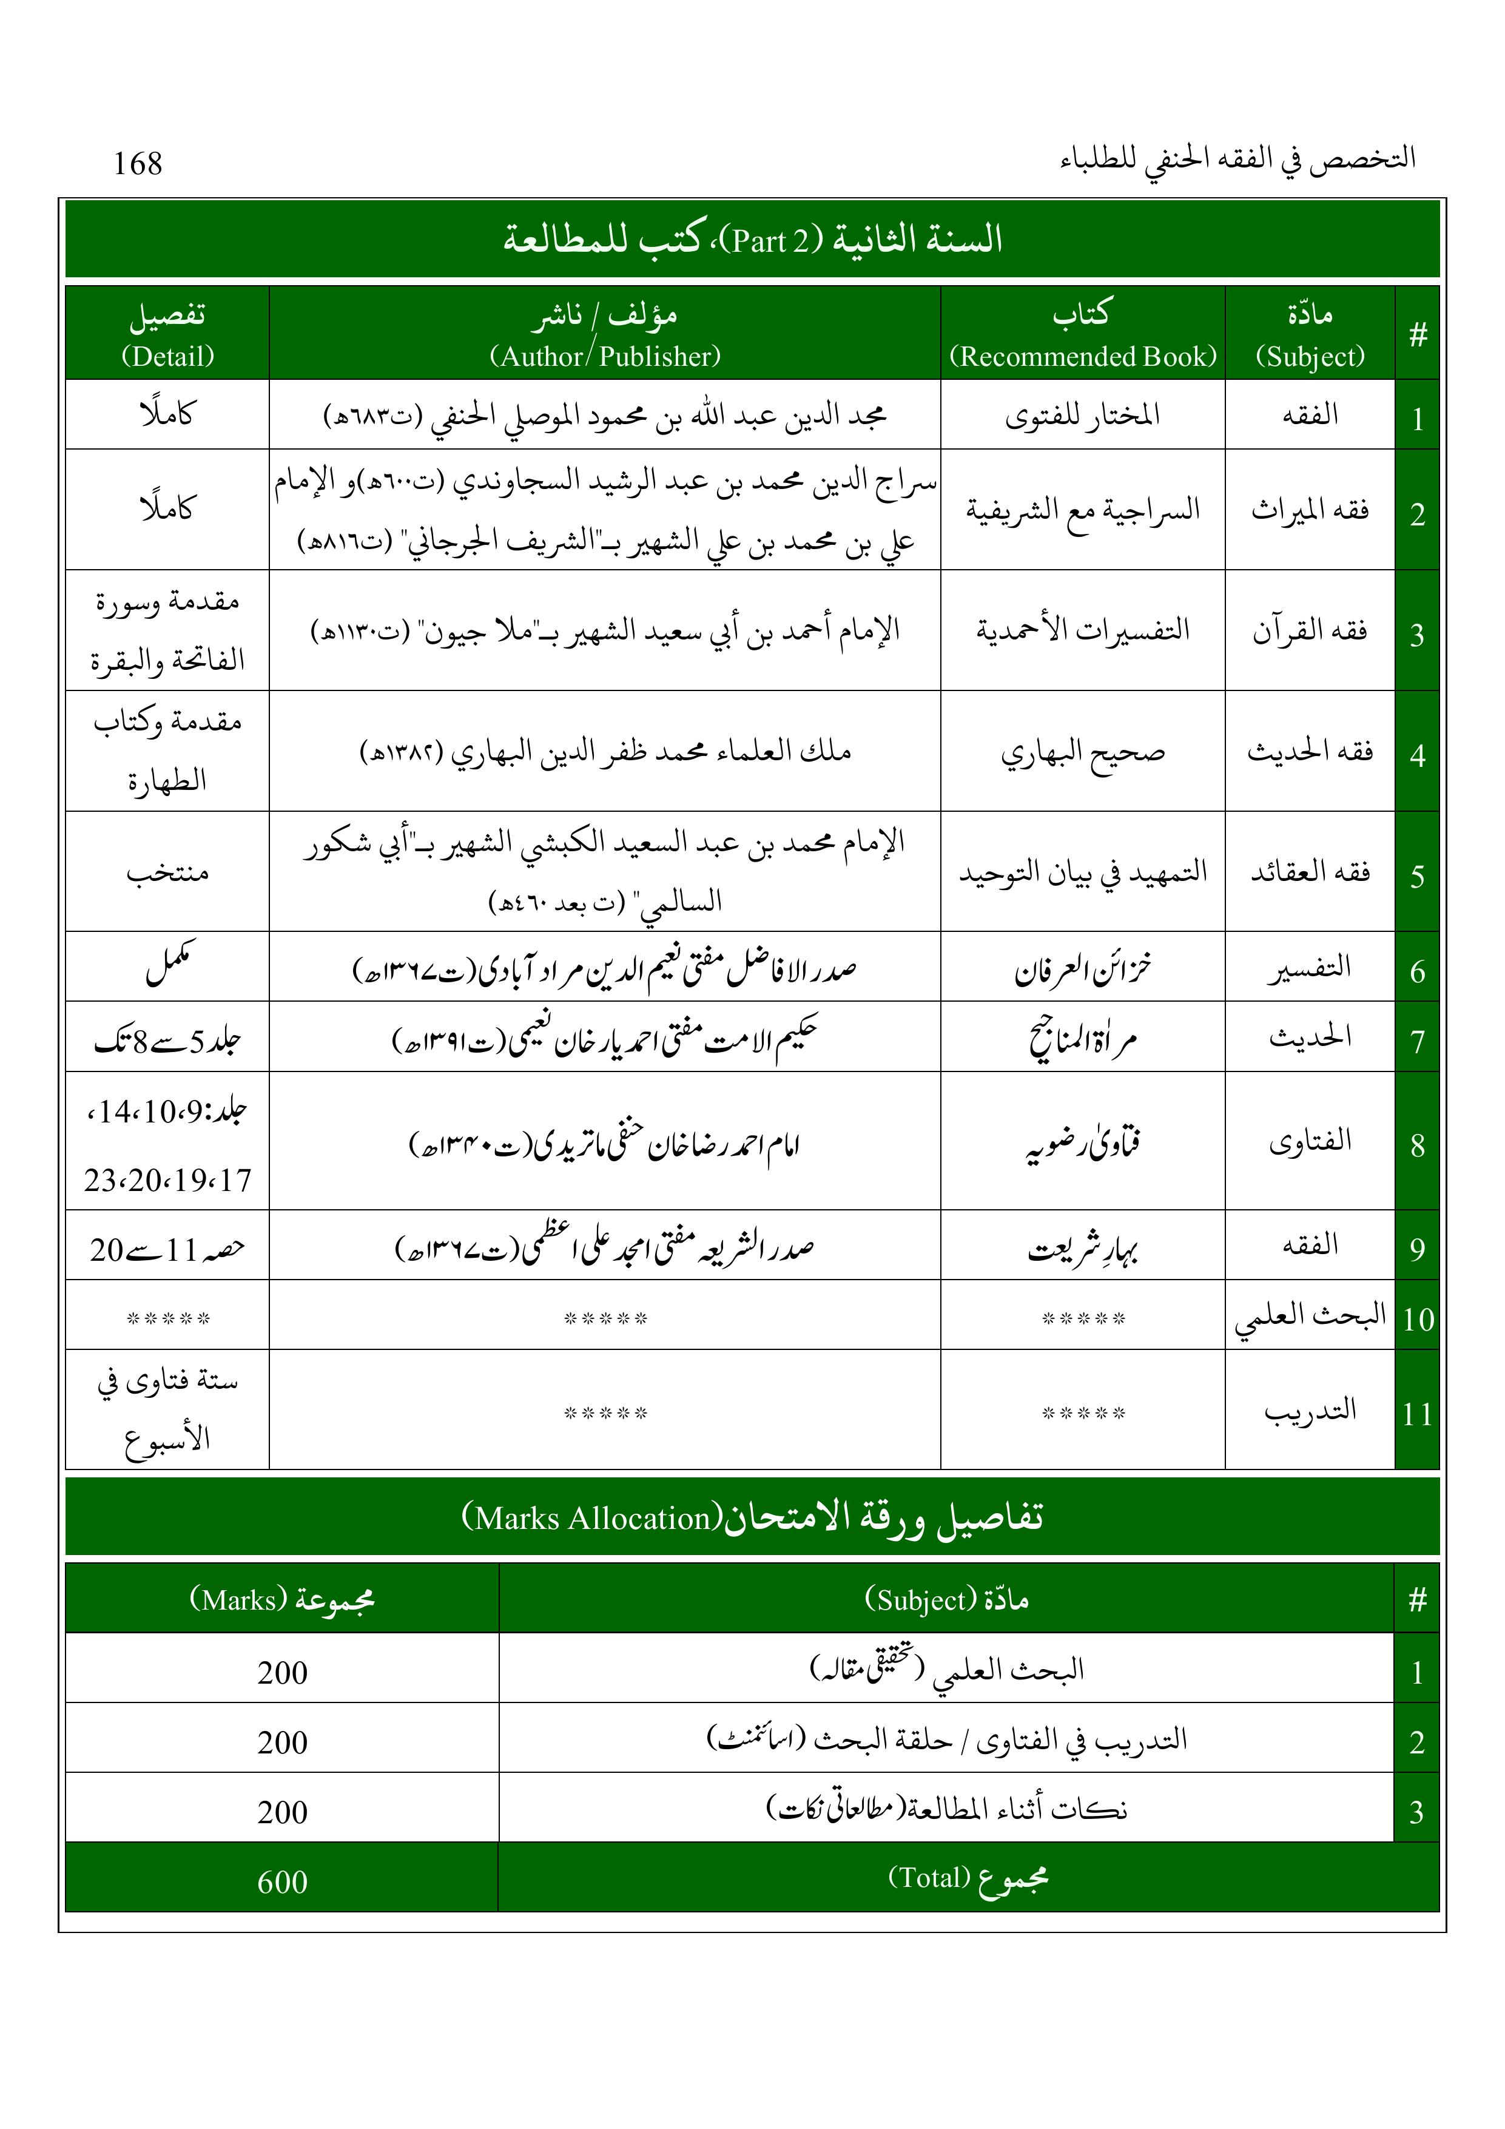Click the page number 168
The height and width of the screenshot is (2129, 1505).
pos(137,164)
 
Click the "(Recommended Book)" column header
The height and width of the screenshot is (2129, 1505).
pos(1082,356)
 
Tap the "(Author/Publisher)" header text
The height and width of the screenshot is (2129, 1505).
pos(605,356)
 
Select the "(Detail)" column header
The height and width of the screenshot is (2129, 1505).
pos(167,356)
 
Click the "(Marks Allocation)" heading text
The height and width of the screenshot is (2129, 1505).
pos(591,1518)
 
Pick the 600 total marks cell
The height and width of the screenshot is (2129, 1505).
pos(282,1881)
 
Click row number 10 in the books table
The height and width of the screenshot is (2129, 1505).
pos(1418,1318)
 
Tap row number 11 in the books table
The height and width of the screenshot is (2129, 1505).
pos(1417,1414)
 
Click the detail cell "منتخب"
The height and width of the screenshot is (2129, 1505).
pos(167,872)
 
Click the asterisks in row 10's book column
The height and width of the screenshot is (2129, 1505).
pos(1082,1318)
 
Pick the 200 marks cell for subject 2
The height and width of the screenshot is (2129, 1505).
pos(282,1743)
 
